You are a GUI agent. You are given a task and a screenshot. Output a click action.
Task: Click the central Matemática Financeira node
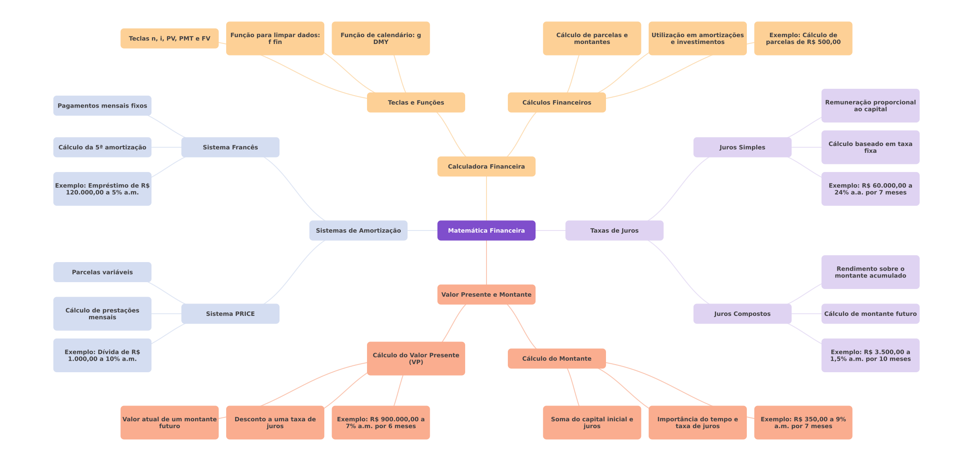[486, 230]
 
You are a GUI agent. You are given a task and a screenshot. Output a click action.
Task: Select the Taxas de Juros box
[614, 230]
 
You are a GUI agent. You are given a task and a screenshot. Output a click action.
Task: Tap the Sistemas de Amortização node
[358, 230]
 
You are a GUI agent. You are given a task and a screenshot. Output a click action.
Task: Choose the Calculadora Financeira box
[486, 166]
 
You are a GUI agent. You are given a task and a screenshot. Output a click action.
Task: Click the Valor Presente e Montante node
[486, 295]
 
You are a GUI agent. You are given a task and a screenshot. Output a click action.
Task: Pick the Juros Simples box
[742, 147]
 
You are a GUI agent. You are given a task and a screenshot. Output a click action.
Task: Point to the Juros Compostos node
[742, 314]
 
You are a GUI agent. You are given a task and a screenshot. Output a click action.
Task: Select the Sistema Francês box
[230, 147]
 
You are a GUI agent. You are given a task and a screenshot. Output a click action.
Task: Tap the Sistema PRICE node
[230, 314]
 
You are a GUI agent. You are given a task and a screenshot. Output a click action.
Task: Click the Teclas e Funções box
[416, 102]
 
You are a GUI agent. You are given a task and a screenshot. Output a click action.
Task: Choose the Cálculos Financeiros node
[556, 102]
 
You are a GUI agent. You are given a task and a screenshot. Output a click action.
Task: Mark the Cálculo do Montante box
[556, 359]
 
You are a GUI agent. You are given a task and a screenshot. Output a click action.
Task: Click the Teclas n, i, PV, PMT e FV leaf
[169, 38]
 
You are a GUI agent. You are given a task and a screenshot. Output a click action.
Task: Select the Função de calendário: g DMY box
[381, 38]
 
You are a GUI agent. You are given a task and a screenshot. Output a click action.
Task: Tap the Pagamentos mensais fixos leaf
[102, 106]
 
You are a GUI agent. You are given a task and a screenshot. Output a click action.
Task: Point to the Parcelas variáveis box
[102, 272]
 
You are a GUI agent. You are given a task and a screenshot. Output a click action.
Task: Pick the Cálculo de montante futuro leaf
[870, 314]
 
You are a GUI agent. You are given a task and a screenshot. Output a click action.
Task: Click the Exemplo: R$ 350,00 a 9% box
[803, 423]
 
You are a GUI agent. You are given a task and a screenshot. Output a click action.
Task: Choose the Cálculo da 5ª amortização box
[102, 147]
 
